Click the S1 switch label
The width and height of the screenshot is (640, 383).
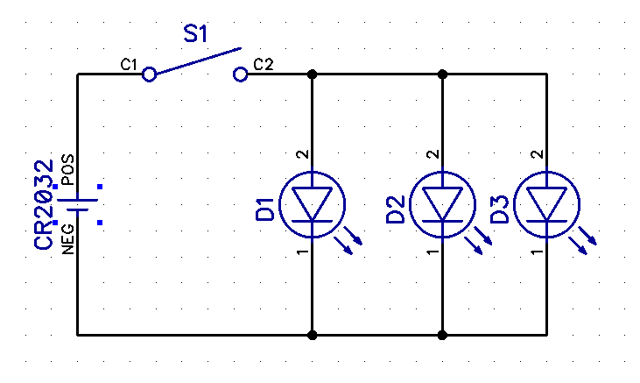pyautogui.click(x=196, y=35)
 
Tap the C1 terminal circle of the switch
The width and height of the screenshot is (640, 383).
pyautogui.click(x=150, y=74)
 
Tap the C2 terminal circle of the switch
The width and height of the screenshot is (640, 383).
pyautogui.click(x=241, y=74)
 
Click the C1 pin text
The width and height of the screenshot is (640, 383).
pyautogui.click(x=129, y=65)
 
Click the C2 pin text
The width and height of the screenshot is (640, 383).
pyautogui.click(x=263, y=65)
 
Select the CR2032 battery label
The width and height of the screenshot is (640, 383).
pyautogui.click(x=44, y=204)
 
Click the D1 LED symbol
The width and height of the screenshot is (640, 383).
pyautogui.click(x=313, y=204)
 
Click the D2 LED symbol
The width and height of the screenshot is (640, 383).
pyautogui.click(x=442, y=204)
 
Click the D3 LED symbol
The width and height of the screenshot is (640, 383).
pyautogui.click(x=546, y=204)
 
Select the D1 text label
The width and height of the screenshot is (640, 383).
pyautogui.click(x=266, y=210)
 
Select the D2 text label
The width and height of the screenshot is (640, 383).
pyautogui.click(x=396, y=210)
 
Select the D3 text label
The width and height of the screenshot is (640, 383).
pyautogui.click(x=500, y=210)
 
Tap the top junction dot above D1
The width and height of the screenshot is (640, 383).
pyautogui.click(x=313, y=74)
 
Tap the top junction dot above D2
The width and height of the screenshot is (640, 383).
pyautogui.click(x=442, y=74)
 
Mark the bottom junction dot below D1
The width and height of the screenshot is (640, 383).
pyautogui.click(x=313, y=335)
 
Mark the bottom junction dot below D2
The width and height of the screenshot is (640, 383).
pyautogui.click(x=442, y=335)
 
